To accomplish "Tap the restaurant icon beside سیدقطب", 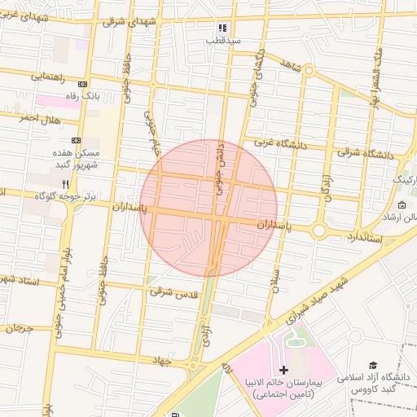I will tap(222, 28).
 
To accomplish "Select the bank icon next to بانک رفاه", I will tap(81, 84).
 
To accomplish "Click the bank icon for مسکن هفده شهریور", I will tap(77, 140).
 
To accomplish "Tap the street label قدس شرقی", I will tap(176, 294).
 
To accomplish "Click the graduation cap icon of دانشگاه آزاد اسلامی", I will tap(374, 366).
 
